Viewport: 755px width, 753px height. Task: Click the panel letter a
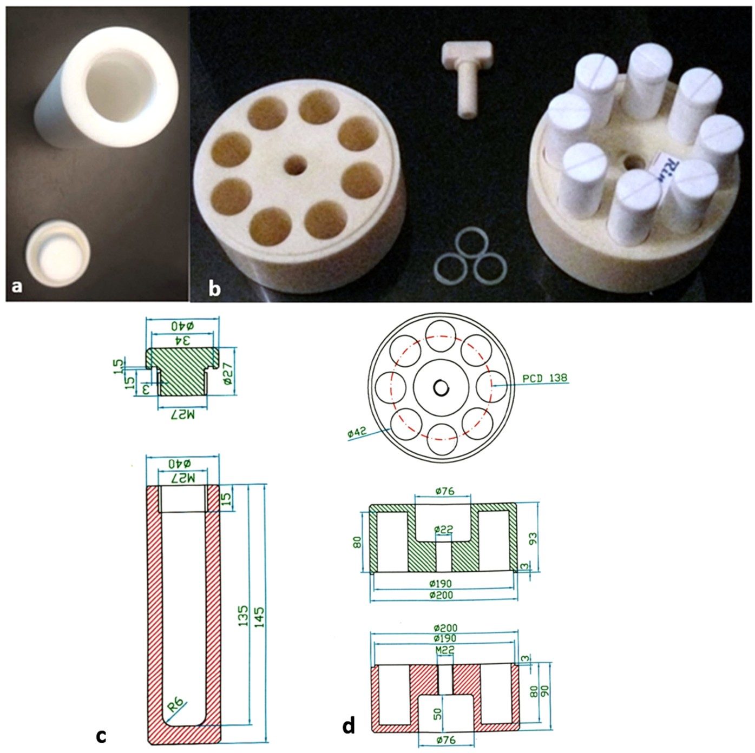[x=17, y=286]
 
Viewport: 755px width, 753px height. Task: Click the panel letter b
[x=215, y=288]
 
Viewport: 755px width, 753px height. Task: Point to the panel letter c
[x=101, y=735]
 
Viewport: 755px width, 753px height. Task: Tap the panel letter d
[x=349, y=725]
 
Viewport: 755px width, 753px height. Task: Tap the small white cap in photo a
[x=59, y=254]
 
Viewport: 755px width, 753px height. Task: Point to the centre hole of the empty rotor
[x=296, y=164]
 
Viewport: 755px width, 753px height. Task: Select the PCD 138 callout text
[x=545, y=378]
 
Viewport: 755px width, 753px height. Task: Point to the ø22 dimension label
[x=444, y=530]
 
